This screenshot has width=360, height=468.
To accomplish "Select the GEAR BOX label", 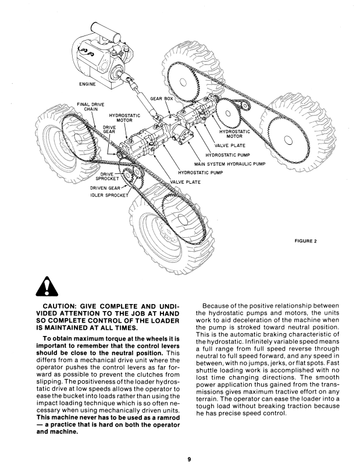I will click(162, 99).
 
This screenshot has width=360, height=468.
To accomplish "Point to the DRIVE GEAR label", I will click(109, 129).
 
